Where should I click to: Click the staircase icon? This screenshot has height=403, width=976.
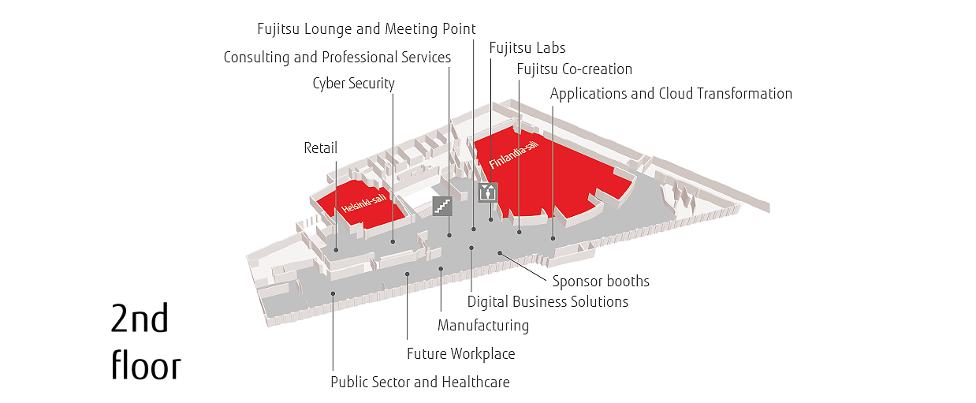(x=442, y=206)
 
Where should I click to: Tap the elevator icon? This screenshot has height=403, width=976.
(x=487, y=192)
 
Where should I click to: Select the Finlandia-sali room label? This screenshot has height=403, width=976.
(x=514, y=155)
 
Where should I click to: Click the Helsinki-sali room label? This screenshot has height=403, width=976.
(x=363, y=203)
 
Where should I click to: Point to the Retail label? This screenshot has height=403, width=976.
(x=320, y=148)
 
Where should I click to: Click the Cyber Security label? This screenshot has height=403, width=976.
(x=353, y=84)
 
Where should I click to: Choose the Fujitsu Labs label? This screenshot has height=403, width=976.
(x=527, y=47)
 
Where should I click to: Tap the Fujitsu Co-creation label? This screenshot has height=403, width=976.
(x=574, y=69)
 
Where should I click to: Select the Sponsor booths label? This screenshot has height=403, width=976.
(x=601, y=281)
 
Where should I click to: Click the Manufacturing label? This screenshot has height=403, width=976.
(x=483, y=326)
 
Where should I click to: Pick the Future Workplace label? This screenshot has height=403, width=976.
(x=460, y=353)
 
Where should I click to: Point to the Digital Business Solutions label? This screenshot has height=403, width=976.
(x=548, y=301)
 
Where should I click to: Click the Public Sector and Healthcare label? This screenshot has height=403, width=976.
(x=420, y=382)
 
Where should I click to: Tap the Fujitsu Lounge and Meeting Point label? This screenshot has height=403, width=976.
(x=367, y=28)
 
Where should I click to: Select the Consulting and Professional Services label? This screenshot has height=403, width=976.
(x=337, y=57)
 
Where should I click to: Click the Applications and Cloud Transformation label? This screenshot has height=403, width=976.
(x=671, y=94)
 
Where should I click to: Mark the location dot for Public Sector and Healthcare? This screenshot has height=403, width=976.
(x=333, y=293)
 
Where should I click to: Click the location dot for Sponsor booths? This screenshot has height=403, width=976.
(x=500, y=253)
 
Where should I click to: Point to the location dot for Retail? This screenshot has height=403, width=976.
(x=336, y=250)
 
